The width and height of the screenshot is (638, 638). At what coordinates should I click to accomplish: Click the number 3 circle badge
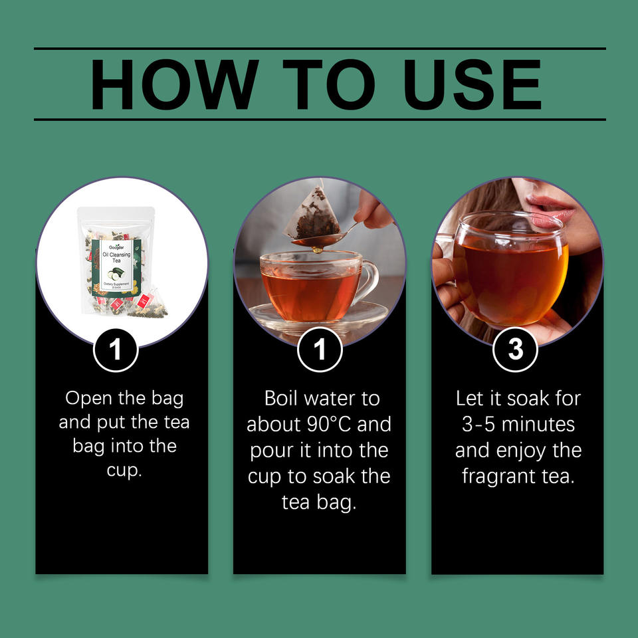click(x=516, y=349)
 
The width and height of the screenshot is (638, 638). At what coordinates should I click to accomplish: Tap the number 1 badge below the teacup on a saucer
click(x=320, y=349)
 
